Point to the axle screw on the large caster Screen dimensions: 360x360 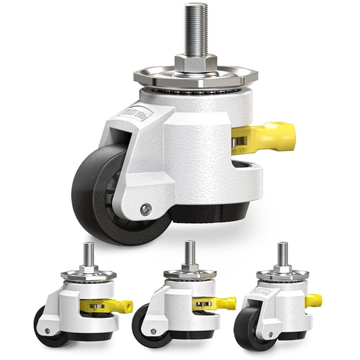coord(146,210)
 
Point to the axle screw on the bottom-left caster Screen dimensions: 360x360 coord(45,330)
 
